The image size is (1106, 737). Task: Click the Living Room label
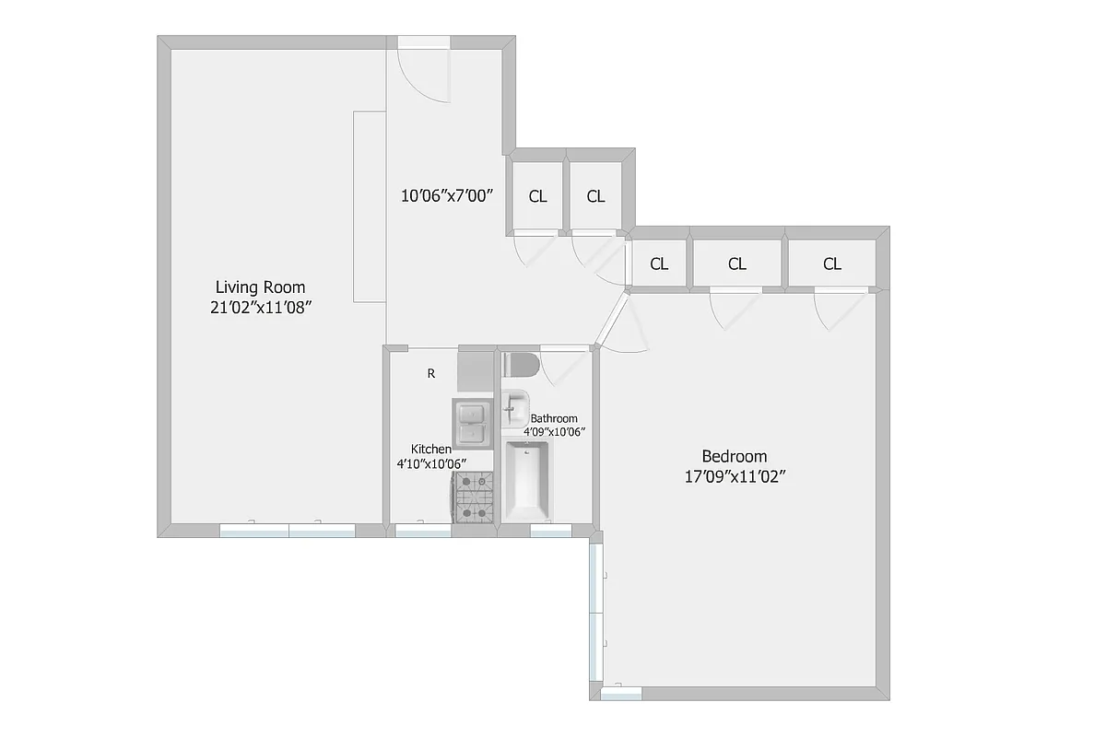(260, 287)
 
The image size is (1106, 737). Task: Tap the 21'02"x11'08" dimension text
(261, 308)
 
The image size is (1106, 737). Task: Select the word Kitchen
(430, 449)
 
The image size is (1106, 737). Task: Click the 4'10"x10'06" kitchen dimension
(431, 463)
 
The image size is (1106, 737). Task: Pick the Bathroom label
(554, 418)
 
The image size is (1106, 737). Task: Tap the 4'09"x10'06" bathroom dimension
(555, 431)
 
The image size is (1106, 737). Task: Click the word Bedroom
(734, 456)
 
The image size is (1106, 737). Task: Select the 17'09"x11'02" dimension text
(734, 476)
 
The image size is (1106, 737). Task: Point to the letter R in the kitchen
(430, 373)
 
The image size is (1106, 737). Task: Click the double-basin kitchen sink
(473, 421)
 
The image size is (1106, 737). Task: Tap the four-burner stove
(474, 497)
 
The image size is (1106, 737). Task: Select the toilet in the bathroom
(520, 365)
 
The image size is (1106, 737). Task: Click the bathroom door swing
(561, 366)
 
